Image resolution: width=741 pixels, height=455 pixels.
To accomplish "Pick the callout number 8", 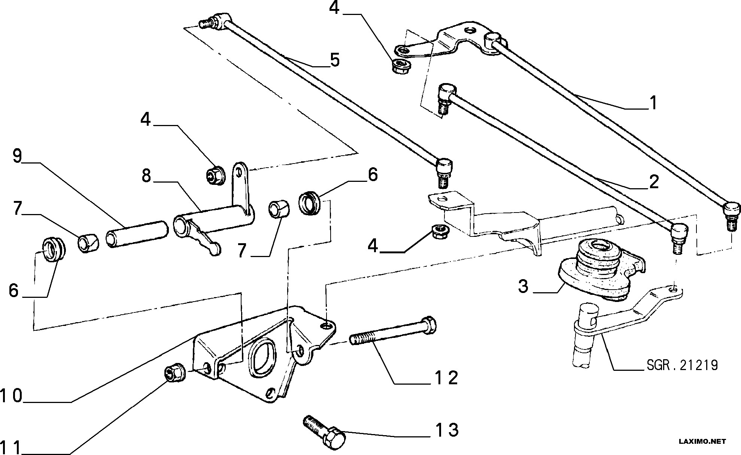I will point(146,175).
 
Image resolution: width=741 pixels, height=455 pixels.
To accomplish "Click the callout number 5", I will point(334,60).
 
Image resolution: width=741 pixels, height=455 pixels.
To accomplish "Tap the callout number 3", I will point(523,286).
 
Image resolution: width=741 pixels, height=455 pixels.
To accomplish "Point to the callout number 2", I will point(653,182).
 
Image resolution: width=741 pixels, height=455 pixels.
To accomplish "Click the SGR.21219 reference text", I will point(682,365).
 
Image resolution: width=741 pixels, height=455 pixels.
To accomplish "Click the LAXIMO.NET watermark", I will point(702,442).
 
